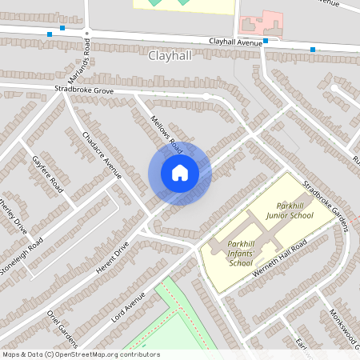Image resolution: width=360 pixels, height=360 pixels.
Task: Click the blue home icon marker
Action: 180,172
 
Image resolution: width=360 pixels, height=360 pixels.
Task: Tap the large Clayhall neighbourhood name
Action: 170,56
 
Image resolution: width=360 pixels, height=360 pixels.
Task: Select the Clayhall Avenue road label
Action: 236,42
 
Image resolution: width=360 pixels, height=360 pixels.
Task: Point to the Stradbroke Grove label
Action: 84,91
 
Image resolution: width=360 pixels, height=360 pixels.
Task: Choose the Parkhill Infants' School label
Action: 240,252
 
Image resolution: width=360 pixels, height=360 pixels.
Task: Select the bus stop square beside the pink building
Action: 265,41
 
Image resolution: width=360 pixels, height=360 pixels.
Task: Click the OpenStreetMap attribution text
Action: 80,354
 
